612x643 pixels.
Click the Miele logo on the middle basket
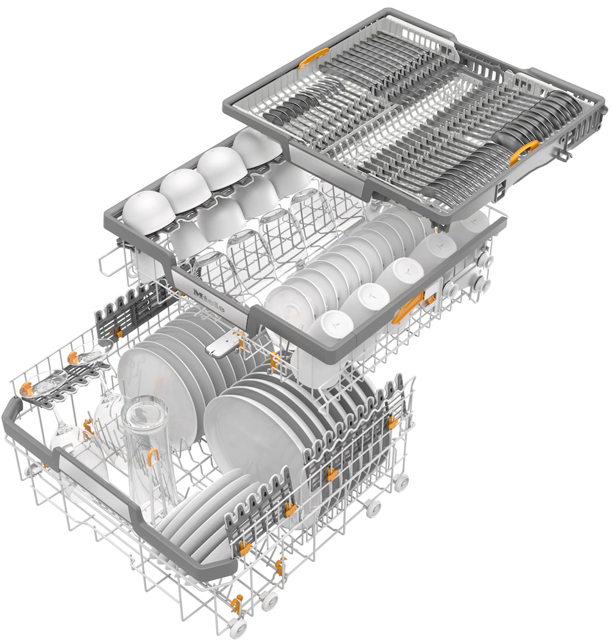tap(209, 300)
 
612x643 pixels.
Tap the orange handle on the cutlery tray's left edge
tap(313, 58)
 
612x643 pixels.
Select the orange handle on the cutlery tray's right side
tap(523, 152)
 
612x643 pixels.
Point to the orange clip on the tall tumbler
tap(153, 456)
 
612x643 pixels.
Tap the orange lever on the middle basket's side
tap(408, 307)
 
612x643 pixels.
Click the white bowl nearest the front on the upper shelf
tap(147, 213)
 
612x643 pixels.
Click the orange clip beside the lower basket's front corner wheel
tap(237, 604)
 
